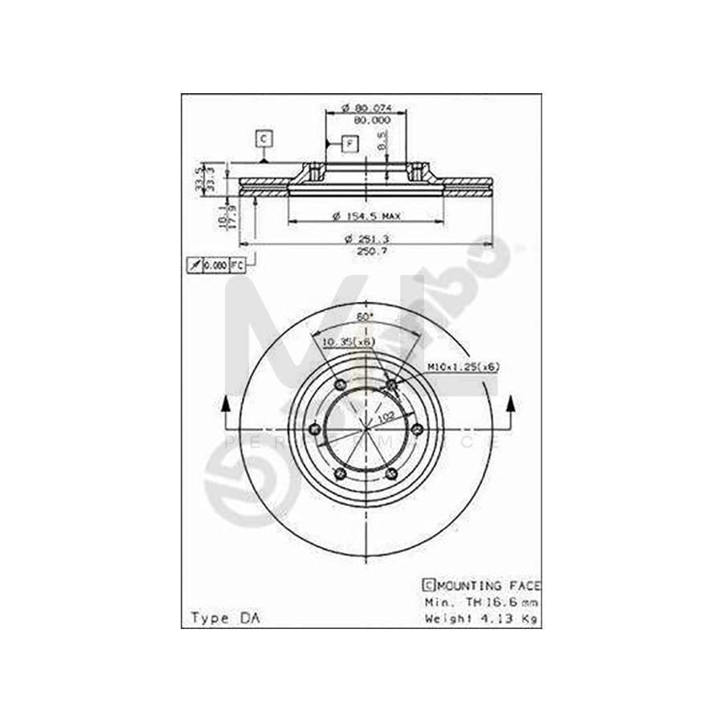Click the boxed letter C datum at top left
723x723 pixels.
(x=264, y=139)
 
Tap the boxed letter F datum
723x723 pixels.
(x=349, y=145)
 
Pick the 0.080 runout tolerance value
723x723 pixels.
(x=214, y=264)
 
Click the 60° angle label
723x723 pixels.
(x=365, y=317)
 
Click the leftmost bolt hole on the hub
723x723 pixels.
(x=315, y=430)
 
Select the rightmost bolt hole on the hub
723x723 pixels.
(x=417, y=430)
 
